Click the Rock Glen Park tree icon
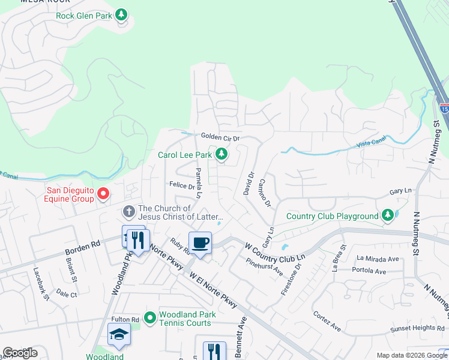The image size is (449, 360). [x=122, y=14]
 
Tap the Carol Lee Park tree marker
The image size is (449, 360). [x=221, y=155]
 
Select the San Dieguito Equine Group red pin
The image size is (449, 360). [x=103, y=194]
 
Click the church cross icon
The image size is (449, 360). [x=128, y=211]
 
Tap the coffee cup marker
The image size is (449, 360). [x=200, y=243]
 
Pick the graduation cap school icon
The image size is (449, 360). [x=119, y=334]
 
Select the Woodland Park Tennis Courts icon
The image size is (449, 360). [x=149, y=317]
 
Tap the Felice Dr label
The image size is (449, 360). [x=182, y=186]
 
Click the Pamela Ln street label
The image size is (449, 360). [x=199, y=182]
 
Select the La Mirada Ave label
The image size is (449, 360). [x=378, y=259]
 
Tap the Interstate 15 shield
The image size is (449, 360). [x=444, y=107]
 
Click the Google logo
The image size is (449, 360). [x=20, y=353]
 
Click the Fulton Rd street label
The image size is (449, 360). [x=125, y=320]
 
